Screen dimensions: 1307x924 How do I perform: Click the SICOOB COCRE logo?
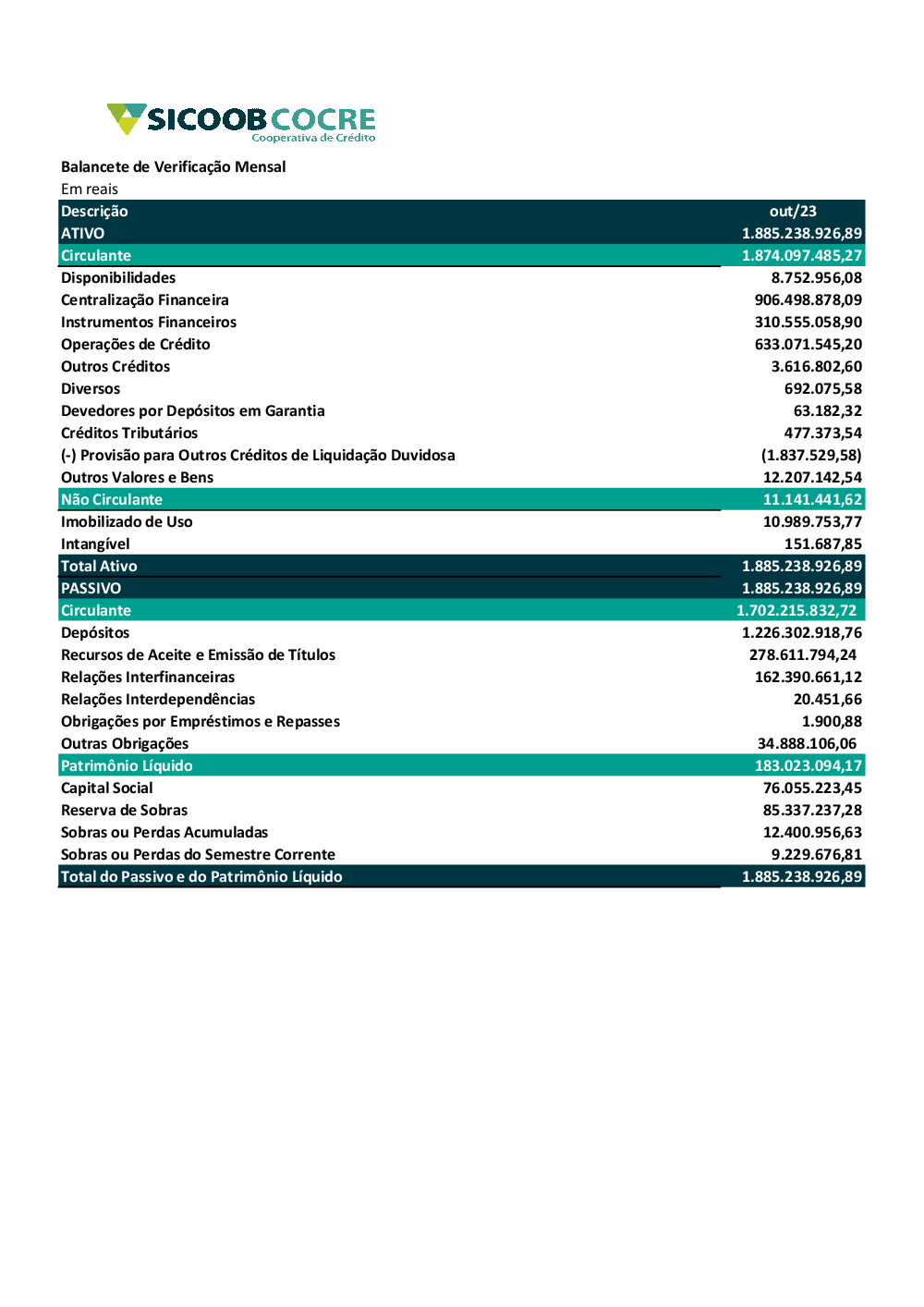click(x=242, y=122)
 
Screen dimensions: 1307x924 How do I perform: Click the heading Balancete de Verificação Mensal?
click(x=173, y=166)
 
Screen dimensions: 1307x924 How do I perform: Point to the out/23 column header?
click(x=793, y=212)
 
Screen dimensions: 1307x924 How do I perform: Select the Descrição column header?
click(x=94, y=212)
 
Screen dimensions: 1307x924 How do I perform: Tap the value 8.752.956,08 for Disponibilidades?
click(x=816, y=278)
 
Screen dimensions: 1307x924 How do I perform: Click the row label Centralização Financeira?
click(x=144, y=300)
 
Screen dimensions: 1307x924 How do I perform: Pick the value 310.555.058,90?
click(x=808, y=323)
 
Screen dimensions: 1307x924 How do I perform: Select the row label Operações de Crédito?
click(x=135, y=345)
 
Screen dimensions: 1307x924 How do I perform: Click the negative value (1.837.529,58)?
click(x=810, y=456)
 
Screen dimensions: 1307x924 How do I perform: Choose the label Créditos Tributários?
click(x=128, y=434)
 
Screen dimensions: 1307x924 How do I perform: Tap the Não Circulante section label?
click(x=111, y=500)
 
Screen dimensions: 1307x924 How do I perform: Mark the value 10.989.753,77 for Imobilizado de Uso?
click(x=812, y=522)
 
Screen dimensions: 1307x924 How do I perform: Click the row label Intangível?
click(x=95, y=544)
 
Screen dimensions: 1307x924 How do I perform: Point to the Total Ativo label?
click(x=99, y=567)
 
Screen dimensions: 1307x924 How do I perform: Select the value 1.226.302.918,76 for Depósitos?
click(x=801, y=633)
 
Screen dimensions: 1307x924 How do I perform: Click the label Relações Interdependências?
click(x=157, y=700)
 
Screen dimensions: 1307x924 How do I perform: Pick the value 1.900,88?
click(x=832, y=722)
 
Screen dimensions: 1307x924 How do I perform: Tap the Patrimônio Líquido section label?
click(x=127, y=766)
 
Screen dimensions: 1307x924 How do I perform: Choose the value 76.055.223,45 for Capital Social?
click(x=812, y=788)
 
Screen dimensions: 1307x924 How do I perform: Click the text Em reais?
click(x=90, y=189)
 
